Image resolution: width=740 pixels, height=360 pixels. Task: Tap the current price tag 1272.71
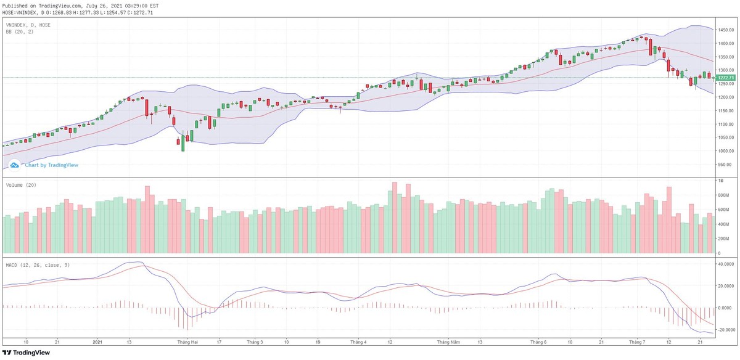click(726, 78)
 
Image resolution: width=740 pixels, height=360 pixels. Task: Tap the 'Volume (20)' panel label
click(20, 185)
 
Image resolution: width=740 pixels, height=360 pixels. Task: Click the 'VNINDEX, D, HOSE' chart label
click(28, 25)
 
